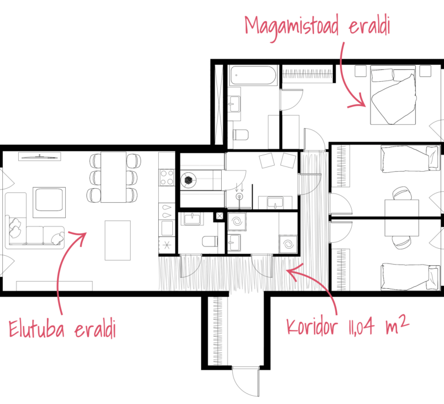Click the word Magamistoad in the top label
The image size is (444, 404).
292,28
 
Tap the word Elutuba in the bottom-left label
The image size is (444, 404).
36,328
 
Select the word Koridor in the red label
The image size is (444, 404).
312,326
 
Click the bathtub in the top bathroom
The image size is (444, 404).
253,75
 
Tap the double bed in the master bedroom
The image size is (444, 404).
393,95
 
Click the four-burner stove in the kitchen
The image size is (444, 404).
167,177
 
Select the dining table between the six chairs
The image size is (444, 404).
113,177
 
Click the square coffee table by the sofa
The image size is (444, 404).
49,202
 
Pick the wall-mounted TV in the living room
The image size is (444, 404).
39,156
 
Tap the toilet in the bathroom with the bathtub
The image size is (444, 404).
241,135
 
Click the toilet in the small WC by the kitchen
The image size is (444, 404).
210,242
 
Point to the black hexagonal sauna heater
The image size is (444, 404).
188,180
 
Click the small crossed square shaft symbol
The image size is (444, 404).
220,216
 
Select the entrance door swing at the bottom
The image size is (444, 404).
246,382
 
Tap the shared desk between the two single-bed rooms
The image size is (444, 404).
402,218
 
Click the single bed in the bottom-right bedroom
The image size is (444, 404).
410,277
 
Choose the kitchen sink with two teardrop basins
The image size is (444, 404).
167,211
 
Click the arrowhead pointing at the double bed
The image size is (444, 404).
359,102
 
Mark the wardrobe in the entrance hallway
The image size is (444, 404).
218,331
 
